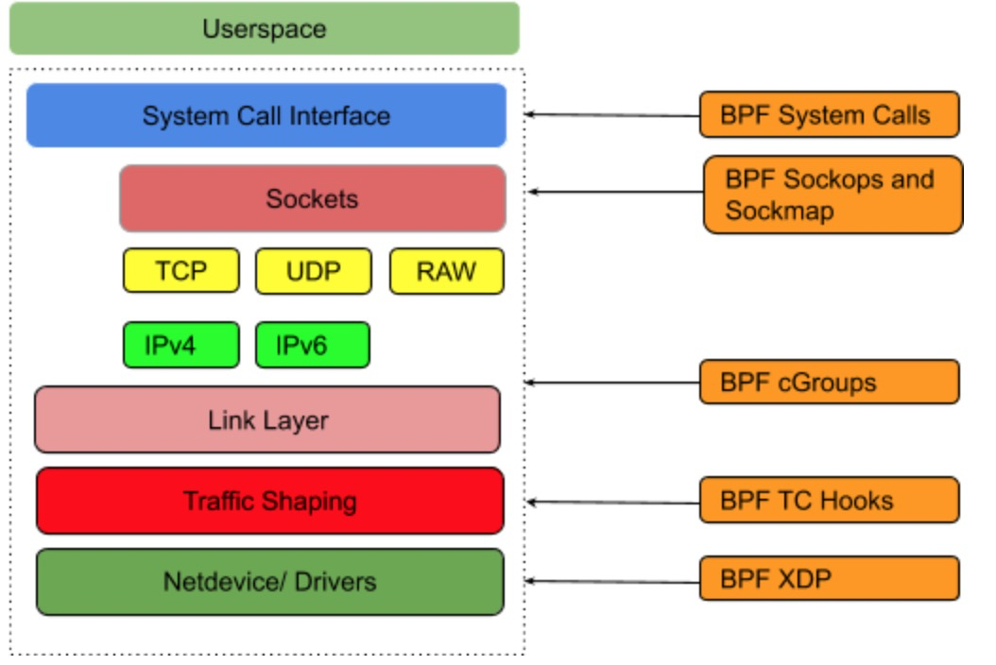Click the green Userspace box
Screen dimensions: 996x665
coord(265,28)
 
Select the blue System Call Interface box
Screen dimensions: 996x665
coord(266,115)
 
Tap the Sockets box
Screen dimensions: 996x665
coord(313,198)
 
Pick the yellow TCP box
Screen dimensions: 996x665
coord(181,271)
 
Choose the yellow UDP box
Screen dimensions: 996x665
coord(313,271)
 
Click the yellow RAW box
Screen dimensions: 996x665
coord(447,271)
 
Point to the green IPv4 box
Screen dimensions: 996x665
coord(181,345)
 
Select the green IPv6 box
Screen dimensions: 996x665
coord(313,345)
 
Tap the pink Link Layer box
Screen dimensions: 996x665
coord(267,419)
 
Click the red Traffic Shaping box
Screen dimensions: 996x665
coord(270,502)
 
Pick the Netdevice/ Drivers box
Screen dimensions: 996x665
coord(270,582)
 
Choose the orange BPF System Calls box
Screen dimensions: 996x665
coord(830,115)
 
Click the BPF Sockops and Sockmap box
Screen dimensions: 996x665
coord(833,195)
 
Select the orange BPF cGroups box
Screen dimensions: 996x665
coord(830,383)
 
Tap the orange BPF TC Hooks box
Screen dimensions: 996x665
coord(830,501)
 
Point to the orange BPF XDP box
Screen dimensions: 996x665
coord(830,579)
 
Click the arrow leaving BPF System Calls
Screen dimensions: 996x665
coord(612,115)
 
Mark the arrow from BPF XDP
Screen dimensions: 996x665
coord(612,581)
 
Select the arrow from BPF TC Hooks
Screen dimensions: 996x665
coord(612,503)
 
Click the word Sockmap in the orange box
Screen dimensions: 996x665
coord(780,211)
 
